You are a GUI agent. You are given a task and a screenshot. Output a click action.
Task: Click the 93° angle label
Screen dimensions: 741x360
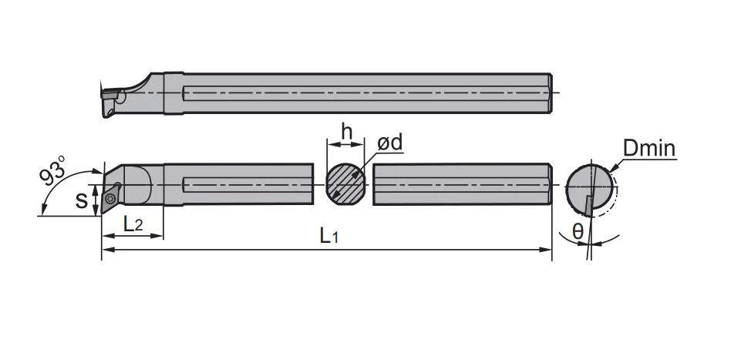[52, 171]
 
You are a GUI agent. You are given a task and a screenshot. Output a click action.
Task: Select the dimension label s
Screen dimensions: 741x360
[82, 200]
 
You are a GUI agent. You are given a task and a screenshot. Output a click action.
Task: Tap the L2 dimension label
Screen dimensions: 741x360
[133, 224]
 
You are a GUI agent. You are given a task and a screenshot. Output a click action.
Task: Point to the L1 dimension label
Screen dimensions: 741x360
[329, 235]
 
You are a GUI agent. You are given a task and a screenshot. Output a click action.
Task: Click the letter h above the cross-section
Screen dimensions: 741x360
[347, 133]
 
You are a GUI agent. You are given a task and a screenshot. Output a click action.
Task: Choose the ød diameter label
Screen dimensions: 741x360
[390, 142]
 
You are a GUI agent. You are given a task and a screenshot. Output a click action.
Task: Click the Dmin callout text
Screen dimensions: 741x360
[649, 148]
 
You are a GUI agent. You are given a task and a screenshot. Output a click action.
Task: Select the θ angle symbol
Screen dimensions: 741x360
[578, 231]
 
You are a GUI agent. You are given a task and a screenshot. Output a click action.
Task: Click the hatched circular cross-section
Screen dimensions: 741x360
[345, 184]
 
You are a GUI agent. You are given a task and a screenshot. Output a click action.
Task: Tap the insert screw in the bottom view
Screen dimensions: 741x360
[110, 198]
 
